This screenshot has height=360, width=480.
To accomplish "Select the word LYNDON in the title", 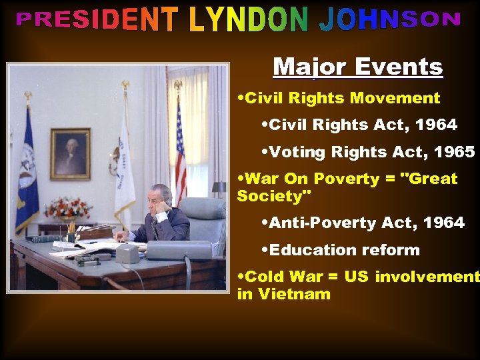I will [x=249, y=21].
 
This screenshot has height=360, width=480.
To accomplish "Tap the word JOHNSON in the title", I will [x=390, y=21].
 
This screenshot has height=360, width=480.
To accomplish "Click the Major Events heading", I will [x=357, y=67].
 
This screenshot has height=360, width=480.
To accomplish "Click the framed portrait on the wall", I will [x=70, y=154].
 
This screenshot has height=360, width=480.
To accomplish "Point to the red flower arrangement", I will [x=67, y=208].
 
